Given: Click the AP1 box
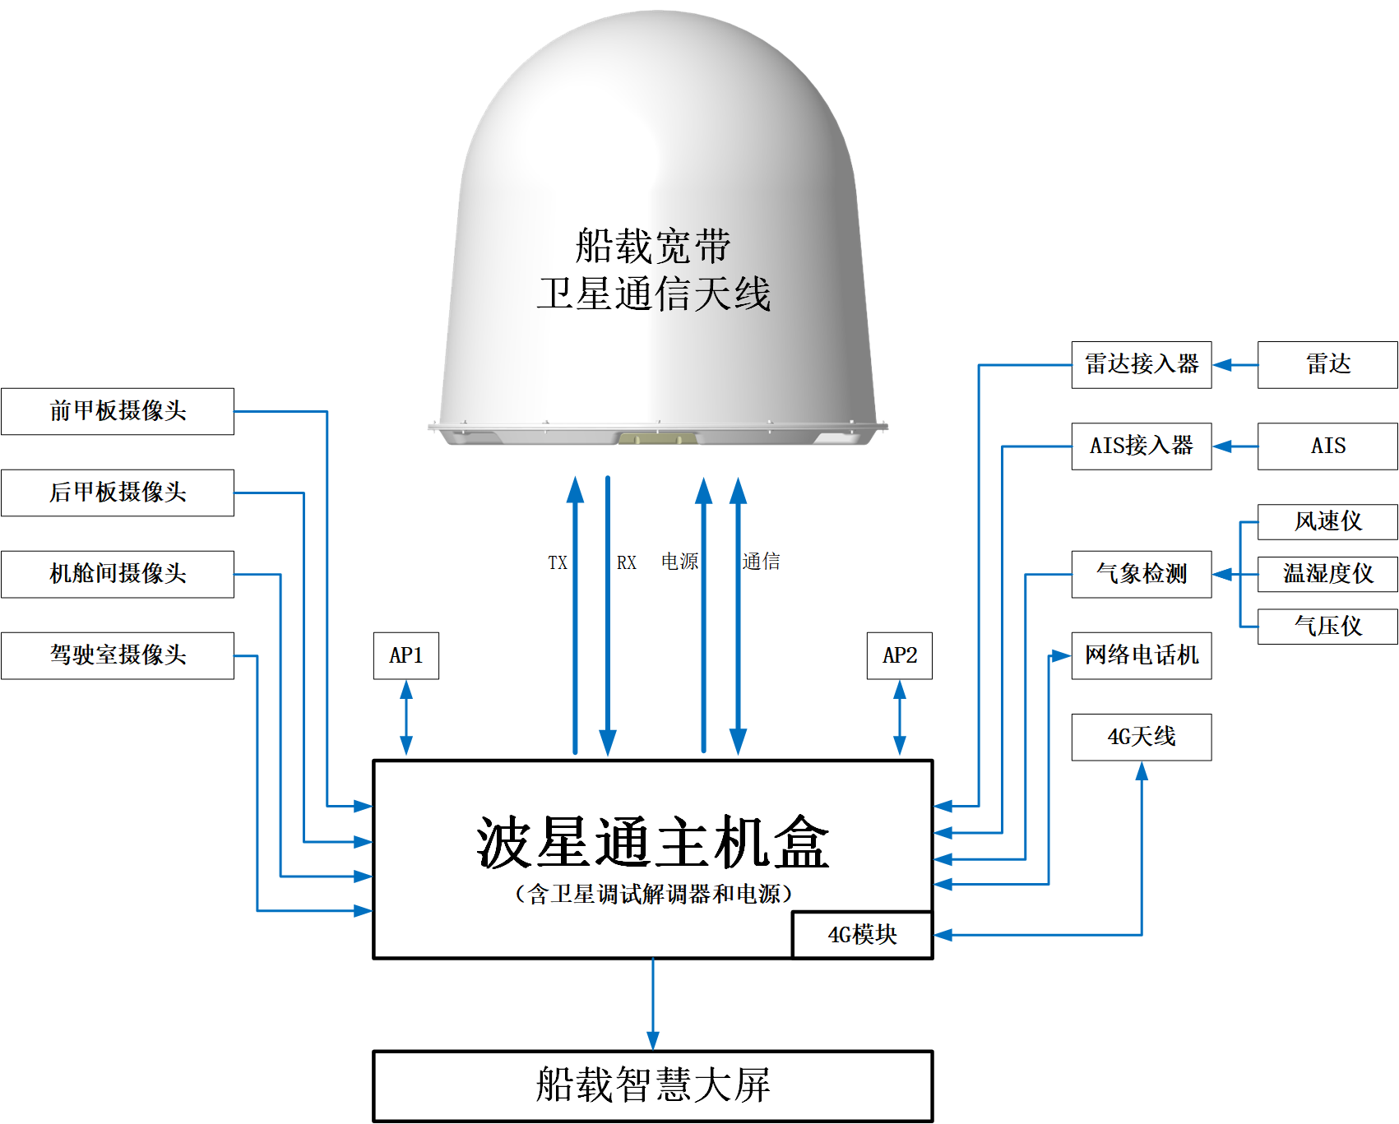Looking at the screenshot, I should [405, 655].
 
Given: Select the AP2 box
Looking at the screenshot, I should [899, 655].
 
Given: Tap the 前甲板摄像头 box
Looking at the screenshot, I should [118, 411].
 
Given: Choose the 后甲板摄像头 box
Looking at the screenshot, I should [118, 493].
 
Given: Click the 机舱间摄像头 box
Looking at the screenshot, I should [118, 574].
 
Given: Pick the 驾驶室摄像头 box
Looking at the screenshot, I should [118, 655].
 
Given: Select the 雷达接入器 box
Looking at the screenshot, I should [1141, 364].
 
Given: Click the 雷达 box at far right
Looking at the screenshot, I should [1327, 364].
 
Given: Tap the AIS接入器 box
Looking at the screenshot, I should [1141, 446].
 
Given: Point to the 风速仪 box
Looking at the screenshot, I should [1327, 521].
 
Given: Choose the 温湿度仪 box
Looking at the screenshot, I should [1327, 574].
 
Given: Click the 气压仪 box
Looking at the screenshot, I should [1327, 626].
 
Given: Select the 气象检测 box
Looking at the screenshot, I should [1141, 574].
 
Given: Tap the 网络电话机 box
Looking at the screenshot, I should [1141, 655].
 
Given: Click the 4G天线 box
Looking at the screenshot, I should [1141, 737].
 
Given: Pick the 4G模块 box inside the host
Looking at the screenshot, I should [862, 935].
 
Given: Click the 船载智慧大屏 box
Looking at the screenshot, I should [652, 1085].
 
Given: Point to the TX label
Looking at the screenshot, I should [558, 563].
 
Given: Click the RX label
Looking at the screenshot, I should [626, 563].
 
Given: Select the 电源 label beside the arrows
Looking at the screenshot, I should [679, 562].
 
